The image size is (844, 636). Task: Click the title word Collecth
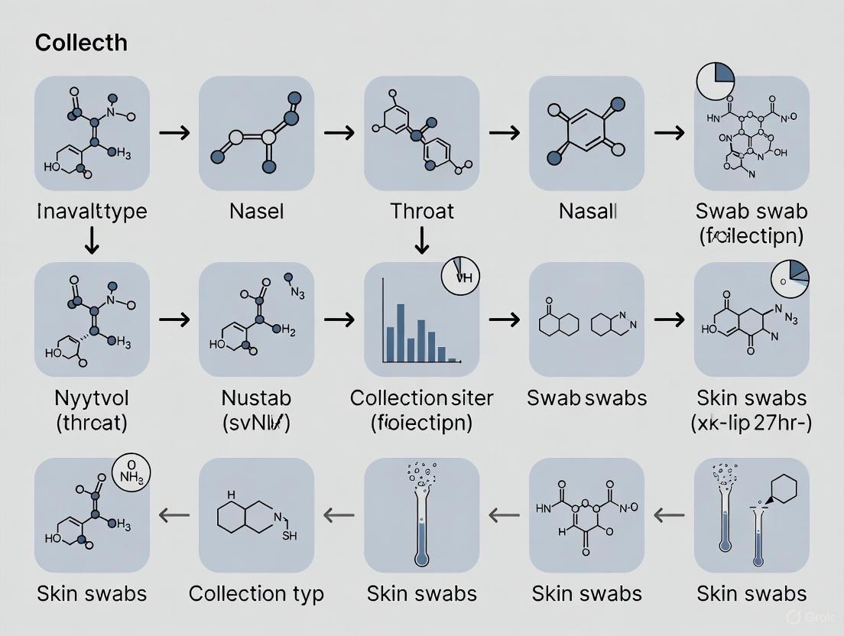click(x=81, y=43)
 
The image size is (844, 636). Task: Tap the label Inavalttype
click(x=93, y=211)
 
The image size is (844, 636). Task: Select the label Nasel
click(x=256, y=211)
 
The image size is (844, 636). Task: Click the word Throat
click(x=422, y=211)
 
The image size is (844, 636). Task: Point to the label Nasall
click(x=587, y=211)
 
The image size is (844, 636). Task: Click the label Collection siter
click(x=422, y=398)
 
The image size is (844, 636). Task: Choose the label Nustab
click(x=256, y=398)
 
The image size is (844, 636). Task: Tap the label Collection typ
click(x=256, y=594)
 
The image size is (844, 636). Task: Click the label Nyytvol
click(x=93, y=398)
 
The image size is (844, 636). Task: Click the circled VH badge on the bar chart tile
click(x=461, y=277)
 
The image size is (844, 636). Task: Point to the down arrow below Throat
click(x=422, y=244)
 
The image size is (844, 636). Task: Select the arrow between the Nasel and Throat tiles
click(x=339, y=133)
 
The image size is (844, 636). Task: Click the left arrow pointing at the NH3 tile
click(x=174, y=516)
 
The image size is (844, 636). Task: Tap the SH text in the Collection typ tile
click(x=290, y=535)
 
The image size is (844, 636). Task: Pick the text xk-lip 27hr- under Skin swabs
click(x=752, y=423)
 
